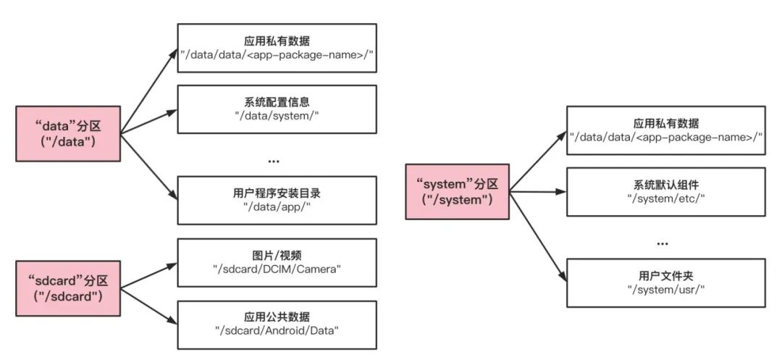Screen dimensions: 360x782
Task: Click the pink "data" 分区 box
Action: (x=67, y=134)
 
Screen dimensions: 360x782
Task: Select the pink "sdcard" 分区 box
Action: (x=67, y=289)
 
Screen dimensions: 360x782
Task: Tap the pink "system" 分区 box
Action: (x=457, y=192)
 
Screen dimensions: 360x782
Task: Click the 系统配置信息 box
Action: (x=277, y=109)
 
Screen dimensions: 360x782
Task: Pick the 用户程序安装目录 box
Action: (x=277, y=199)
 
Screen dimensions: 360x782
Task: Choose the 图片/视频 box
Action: (x=277, y=262)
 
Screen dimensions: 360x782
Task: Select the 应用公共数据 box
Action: (x=277, y=324)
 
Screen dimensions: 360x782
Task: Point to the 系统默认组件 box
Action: (x=665, y=192)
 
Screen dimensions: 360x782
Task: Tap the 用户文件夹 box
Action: (x=665, y=281)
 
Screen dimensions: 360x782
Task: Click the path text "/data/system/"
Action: (x=277, y=117)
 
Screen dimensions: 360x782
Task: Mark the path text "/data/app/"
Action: (x=277, y=207)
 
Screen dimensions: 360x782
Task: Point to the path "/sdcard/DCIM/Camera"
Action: (x=277, y=270)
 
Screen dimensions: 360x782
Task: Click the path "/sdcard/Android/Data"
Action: (x=277, y=332)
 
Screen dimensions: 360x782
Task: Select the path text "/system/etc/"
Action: (x=665, y=199)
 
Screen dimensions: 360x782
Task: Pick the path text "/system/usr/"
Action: (x=665, y=289)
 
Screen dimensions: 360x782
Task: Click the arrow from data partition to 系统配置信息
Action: (x=148, y=122)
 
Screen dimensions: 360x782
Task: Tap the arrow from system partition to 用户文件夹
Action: (x=537, y=236)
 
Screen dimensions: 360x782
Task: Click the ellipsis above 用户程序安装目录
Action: (x=273, y=161)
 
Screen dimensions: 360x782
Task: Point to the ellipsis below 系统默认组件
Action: (x=662, y=244)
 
